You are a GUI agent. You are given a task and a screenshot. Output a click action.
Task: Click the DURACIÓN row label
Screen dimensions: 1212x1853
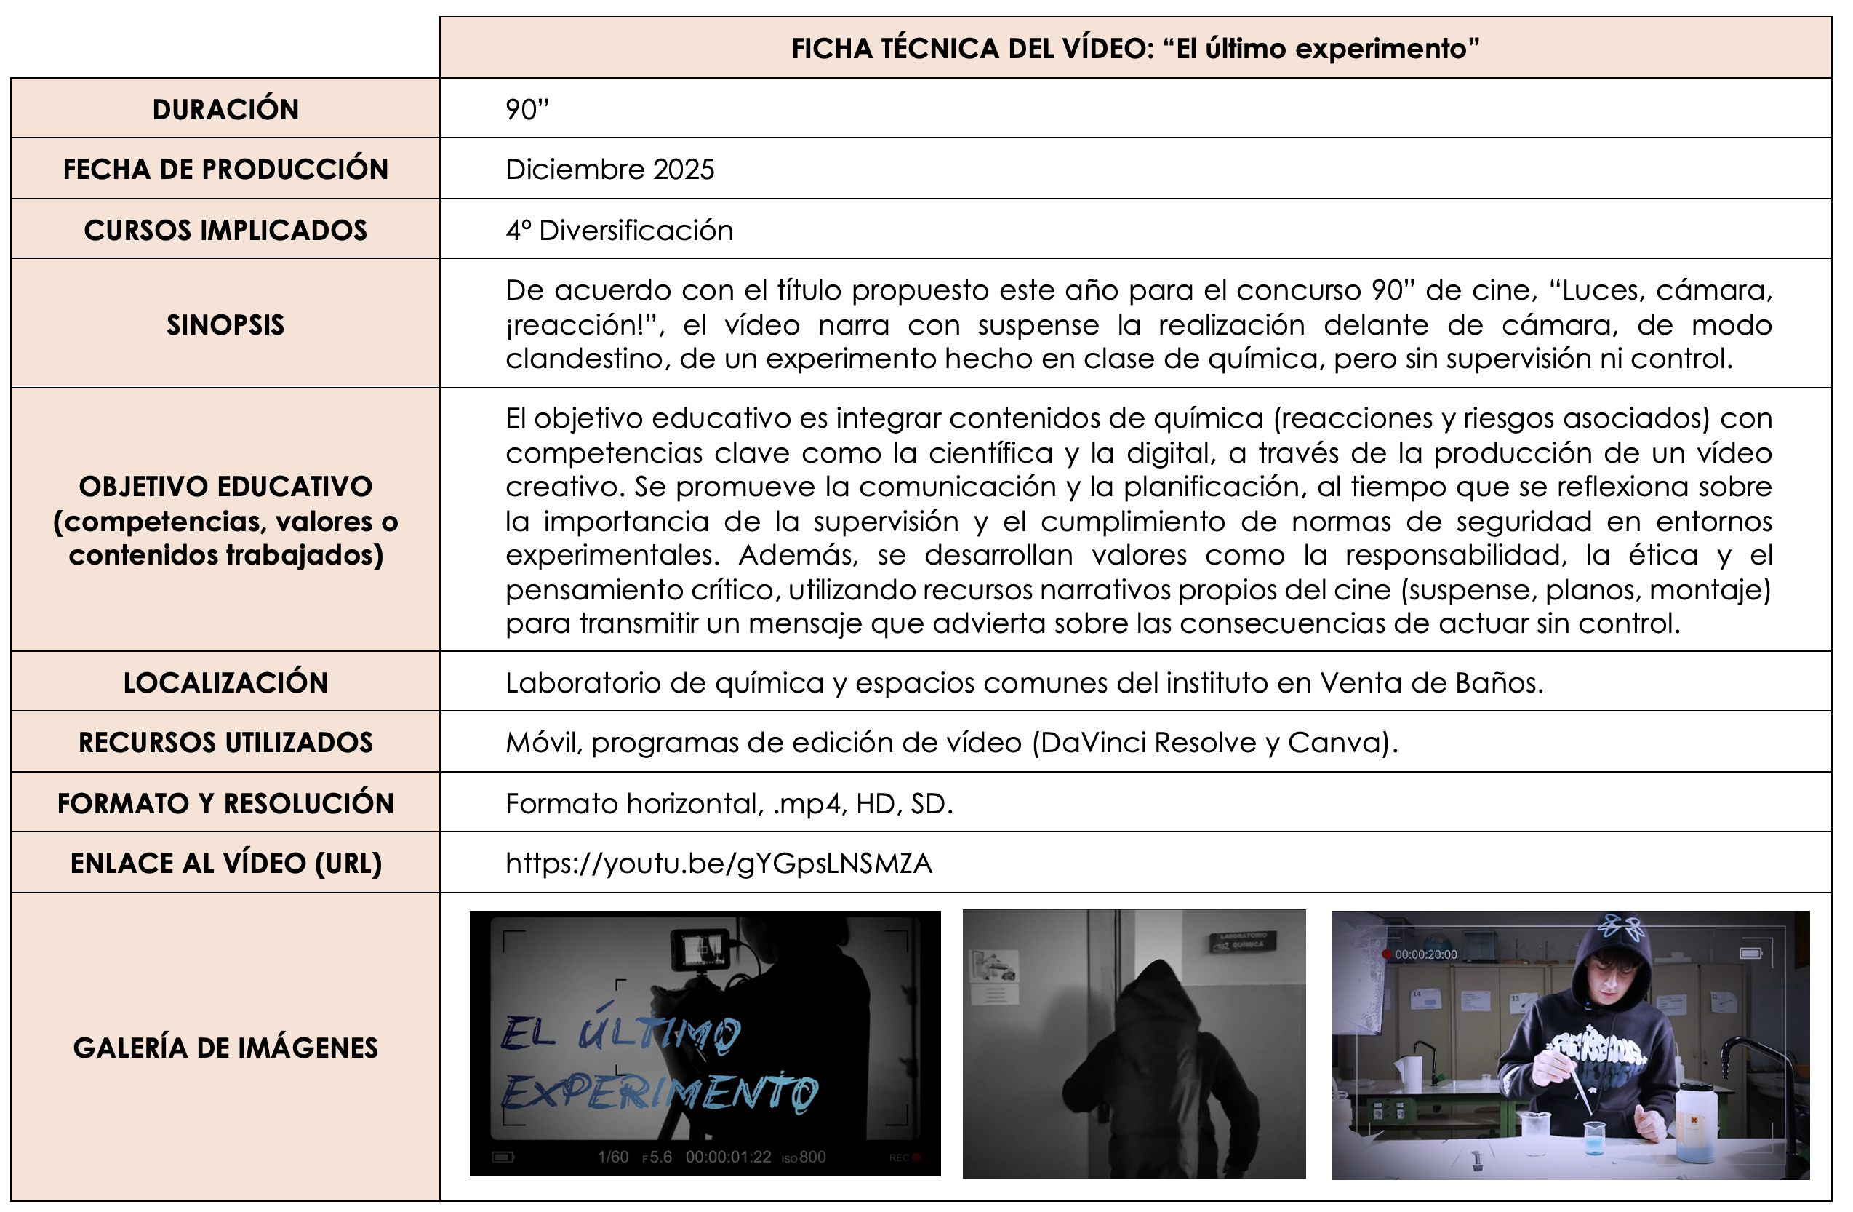tap(225, 109)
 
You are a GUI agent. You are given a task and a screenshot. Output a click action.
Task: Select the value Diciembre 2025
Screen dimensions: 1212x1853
tap(609, 169)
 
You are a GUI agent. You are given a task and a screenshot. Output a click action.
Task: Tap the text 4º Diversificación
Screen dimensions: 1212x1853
tap(619, 230)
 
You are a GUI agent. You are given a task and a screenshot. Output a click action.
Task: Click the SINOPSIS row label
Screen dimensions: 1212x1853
tap(225, 324)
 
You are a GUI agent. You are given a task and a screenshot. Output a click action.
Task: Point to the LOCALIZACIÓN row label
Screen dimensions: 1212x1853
tap(225, 682)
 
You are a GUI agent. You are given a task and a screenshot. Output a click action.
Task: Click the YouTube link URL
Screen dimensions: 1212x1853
tap(718, 863)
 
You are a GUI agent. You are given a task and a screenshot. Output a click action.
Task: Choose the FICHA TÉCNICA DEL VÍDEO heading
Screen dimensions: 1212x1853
tap(1134, 48)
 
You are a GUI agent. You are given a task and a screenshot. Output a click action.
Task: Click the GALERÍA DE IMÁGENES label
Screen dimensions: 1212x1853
tap(225, 1048)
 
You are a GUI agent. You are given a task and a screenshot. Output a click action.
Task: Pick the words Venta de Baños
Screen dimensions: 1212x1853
tap(1430, 682)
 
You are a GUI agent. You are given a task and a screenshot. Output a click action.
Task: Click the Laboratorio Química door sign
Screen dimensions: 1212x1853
tap(1242, 941)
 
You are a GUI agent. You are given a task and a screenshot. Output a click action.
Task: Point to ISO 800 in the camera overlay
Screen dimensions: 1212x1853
tap(804, 1157)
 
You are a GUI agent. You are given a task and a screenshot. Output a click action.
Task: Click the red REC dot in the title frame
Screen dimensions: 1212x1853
tap(916, 1157)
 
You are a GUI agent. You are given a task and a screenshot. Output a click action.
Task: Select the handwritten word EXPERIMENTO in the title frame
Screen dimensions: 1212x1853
tap(658, 1092)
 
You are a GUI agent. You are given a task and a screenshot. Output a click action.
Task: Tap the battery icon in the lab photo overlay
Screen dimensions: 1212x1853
tap(1750, 954)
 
